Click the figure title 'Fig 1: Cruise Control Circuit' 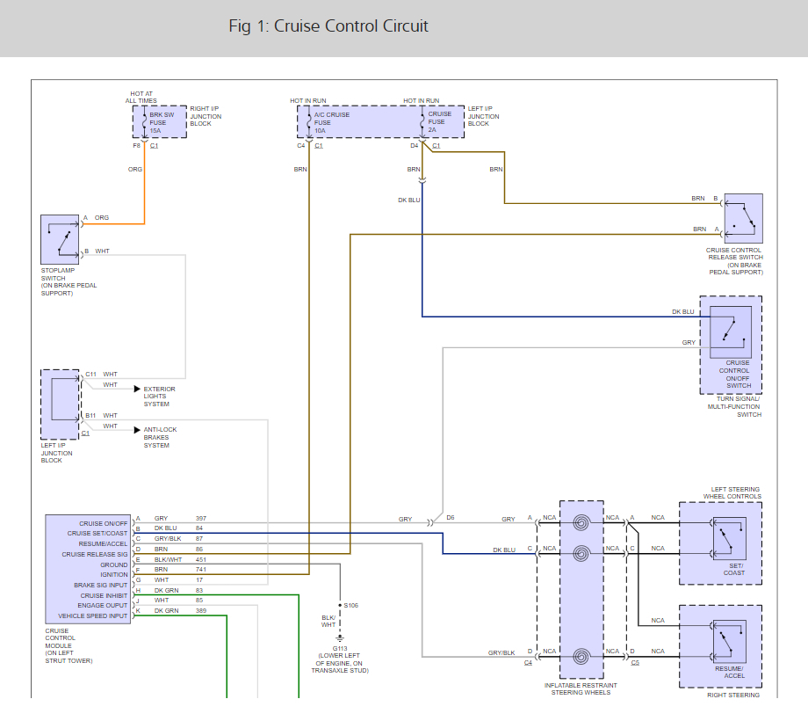point(328,26)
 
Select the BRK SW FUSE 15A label point(162,123)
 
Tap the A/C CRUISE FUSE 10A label point(331,123)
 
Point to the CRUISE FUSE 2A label point(439,121)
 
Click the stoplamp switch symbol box point(60,239)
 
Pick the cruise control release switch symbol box point(744,219)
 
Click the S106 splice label point(351,606)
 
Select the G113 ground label point(340,648)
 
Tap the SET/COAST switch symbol point(730,539)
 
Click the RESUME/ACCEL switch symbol point(730,642)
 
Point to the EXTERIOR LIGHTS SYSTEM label point(159,397)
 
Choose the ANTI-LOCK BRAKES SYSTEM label point(160,437)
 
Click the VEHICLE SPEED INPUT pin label point(93,615)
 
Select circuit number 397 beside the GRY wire point(201,518)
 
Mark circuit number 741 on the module point(201,570)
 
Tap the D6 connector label point(451,517)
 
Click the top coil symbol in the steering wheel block point(581,523)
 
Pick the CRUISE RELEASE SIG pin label point(95,555)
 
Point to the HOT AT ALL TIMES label point(141,98)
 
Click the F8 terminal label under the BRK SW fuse point(136,146)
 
